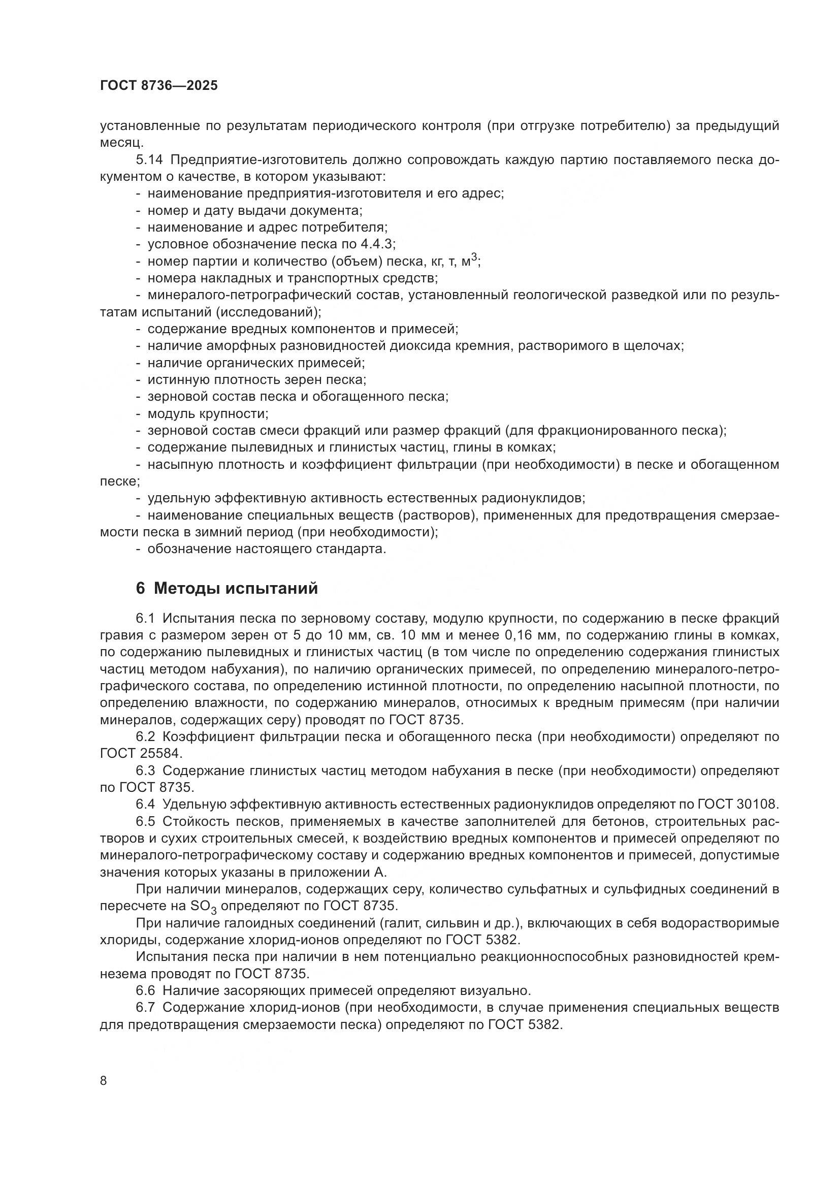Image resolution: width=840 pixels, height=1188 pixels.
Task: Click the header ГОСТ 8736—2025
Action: (x=159, y=85)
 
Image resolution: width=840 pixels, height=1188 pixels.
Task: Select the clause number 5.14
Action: (x=147, y=160)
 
